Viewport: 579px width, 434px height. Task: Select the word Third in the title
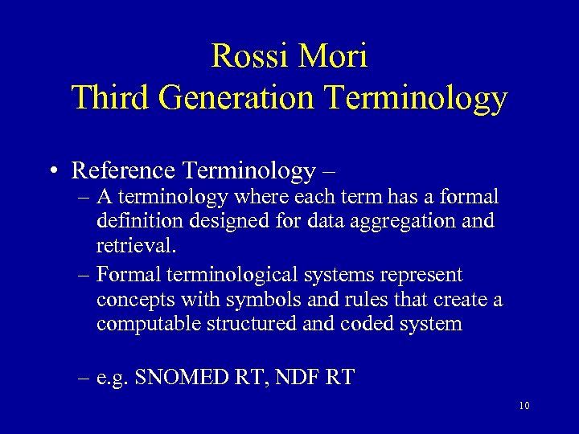point(111,98)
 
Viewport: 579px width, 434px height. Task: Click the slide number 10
point(524,407)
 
